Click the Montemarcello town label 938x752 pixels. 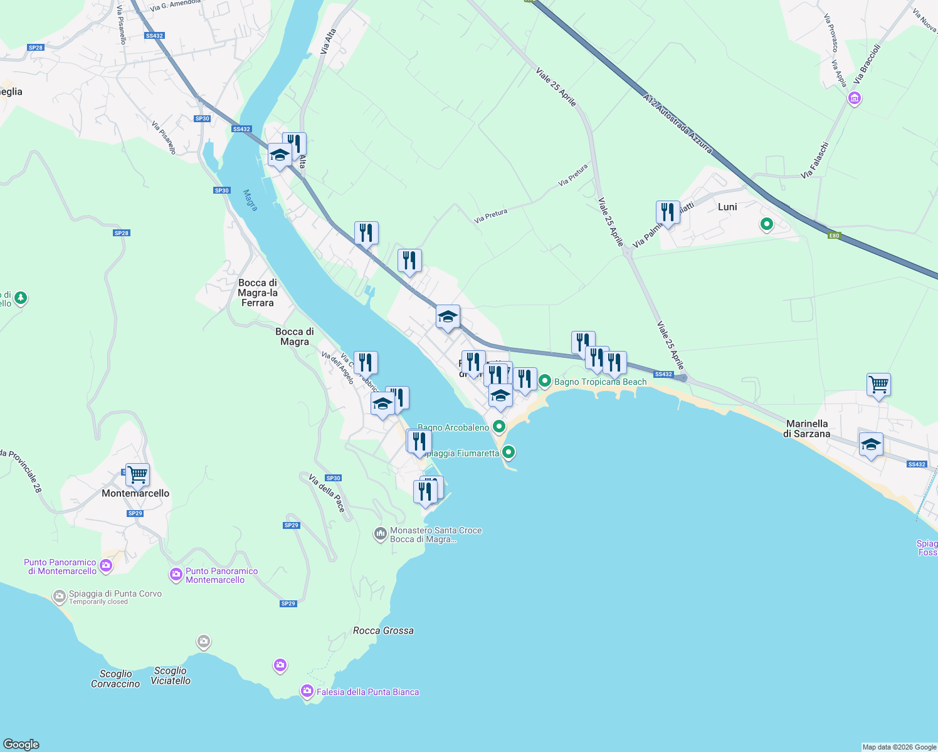click(x=135, y=493)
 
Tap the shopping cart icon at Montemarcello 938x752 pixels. click(x=137, y=474)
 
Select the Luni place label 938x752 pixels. click(x=727, y=207)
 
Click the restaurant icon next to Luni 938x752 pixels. click(x=668, y=212)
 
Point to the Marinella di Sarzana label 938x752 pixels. click(x=808, y=429)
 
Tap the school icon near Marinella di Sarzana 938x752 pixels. click(x=871, y=445)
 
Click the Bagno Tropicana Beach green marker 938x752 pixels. click(x=545, y=381)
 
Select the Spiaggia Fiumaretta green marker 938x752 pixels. click(x=509, y=452)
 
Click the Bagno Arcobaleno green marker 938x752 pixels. click(x=499, y=427)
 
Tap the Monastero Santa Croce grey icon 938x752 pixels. click(x=380, y=534)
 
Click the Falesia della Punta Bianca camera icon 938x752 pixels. click(x=307, y=691)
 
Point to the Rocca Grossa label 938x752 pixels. click(x=383, y=630)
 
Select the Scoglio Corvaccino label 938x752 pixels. click(x=115, y=679)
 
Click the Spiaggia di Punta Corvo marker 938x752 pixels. click(x=60, y=596)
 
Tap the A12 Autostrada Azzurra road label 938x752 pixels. click(x=677, y=124)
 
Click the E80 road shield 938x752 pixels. click(x=833, y=236)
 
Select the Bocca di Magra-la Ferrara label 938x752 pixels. click(x=257, y=293)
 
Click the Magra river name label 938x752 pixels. click(x=250, y=201)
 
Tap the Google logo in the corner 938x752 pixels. click(x=21, y=744)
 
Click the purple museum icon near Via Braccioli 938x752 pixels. click(x=854, y=98)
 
